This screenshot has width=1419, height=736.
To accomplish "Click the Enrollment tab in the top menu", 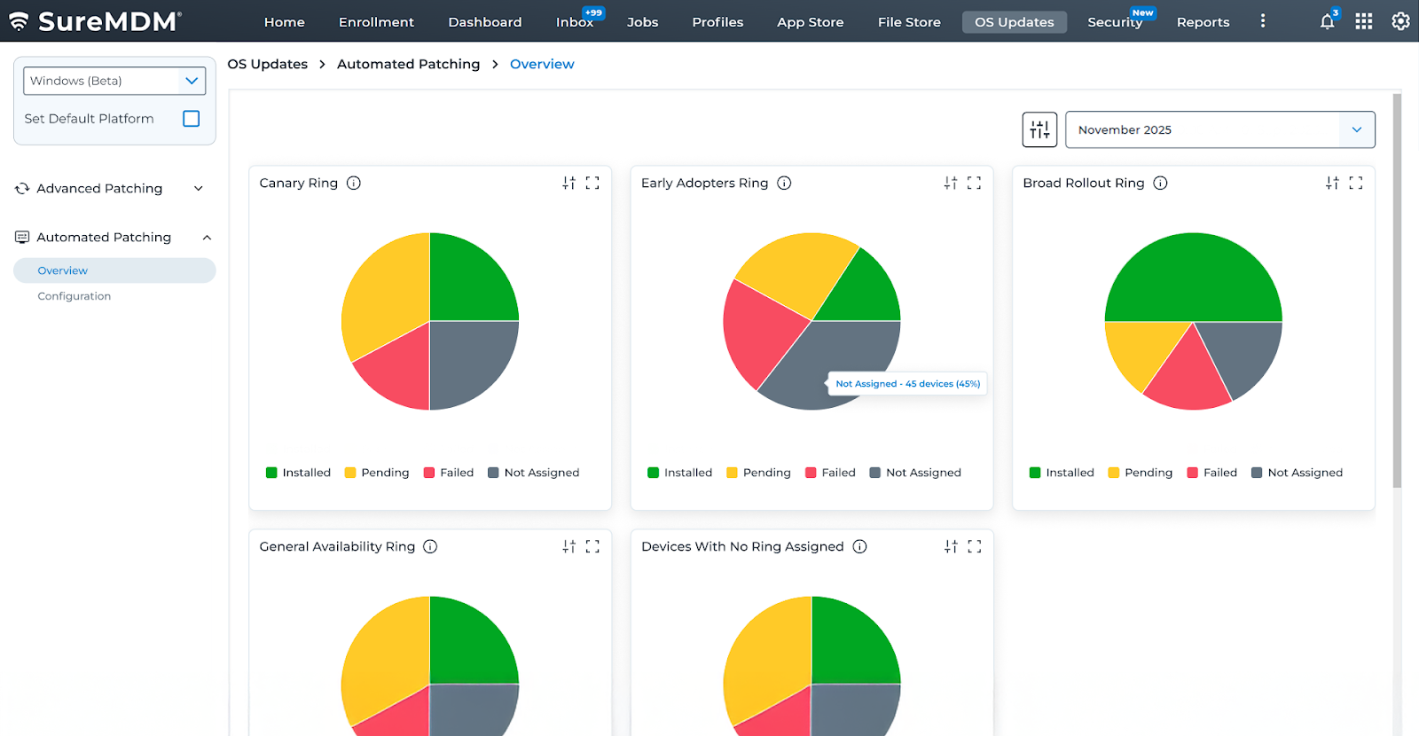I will pyautogui.click(x=376, y=22).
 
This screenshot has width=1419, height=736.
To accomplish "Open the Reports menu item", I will pyautogui.click(x=1203, y=22).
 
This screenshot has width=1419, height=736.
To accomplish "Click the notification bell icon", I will pyautogui.click(x=1327, y=22).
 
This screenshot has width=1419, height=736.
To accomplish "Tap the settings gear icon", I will pyautogui.click(x=1400, y=21).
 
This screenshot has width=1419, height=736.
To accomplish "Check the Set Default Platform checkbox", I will pyautogui.click(x=191, y=119).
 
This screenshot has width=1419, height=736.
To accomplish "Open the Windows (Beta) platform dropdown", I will pyautogui.click(x=114, y=81).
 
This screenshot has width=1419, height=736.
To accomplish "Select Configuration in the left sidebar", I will pyautogui.click(x=74, y=296).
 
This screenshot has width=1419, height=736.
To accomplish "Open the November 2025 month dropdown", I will pyautogui.click(x=1219, y=129).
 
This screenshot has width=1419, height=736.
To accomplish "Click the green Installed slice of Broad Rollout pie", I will pyautogui.click(x=1193, y=275).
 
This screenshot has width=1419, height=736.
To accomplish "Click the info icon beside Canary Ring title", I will pyautogui.click(x=354, y=183).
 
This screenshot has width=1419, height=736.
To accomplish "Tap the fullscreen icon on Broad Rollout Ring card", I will pyautogui.click(x=1355, y=183).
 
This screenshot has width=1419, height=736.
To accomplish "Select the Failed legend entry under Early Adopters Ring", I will pyautogui.click(x=830, y=473).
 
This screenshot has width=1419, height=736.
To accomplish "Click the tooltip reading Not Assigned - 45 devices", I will pyautogui.click(x=907, y=384).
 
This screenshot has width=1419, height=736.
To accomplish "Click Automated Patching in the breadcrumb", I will pyautogui.click(x=408, y=64).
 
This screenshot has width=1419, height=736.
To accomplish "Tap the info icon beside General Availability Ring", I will pyautogui.click(x=430, y=546).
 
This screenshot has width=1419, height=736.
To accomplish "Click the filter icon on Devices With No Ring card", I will pyautogui.click(x=951, y=546).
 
